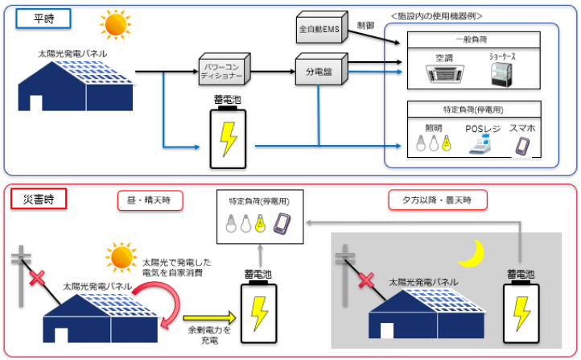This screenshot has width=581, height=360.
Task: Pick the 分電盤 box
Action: tap(319, 72)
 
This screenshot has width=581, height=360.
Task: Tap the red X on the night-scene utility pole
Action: tap(367, 283)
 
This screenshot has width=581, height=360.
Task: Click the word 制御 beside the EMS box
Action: tap(366, 26)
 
